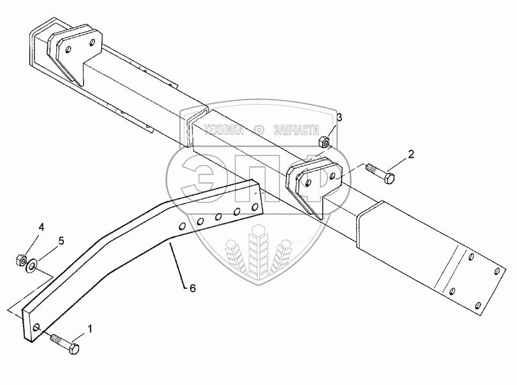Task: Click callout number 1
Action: coord(90,329)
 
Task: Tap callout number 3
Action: coord(339,118)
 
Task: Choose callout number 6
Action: coord(192,288)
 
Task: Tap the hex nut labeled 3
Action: coord(325,140)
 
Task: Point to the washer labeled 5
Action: coord(32,264)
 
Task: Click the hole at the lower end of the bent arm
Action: coord(36,328)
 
